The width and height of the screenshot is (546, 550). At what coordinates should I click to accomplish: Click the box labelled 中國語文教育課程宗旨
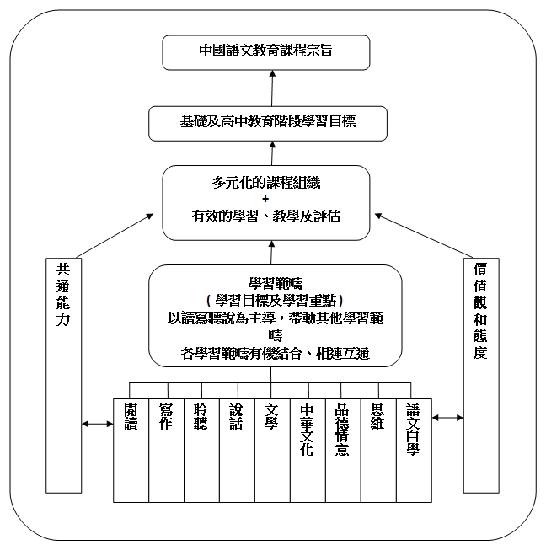tap(266, 52)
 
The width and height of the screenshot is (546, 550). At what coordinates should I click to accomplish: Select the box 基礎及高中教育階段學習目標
tap(268, 124)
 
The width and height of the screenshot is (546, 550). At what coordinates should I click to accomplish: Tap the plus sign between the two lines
tap(265, 199)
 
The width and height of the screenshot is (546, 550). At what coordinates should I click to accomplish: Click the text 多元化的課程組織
tap(266, 183)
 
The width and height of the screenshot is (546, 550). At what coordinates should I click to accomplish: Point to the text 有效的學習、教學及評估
tap(266, 216)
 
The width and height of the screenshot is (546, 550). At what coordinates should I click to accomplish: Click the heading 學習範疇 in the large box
tap(276, 283)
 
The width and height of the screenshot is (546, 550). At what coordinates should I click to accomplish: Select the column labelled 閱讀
tap(131, 451)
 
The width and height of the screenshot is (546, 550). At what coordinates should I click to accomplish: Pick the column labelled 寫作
tap(166, 451)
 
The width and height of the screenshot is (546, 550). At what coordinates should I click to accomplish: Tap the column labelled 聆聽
tap(201, 451)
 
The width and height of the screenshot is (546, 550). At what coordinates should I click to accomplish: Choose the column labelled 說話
tap(238, 451)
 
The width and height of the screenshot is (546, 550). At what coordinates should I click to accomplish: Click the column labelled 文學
tap(273, 451)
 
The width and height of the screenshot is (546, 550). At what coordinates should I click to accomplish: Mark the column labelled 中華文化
tap(308, 451)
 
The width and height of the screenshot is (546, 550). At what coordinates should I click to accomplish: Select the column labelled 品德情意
tap(343, 451)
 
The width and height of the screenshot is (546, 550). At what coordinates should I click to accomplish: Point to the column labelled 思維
tap(378, 451)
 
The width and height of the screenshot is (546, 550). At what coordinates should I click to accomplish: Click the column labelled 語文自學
tap(414, 451)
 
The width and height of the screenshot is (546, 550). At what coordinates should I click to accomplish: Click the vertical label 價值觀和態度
tap(480, 311)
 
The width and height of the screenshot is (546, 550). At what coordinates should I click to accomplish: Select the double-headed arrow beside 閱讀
tap(98, 424)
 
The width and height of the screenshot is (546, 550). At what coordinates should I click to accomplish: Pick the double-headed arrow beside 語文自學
tap(447, 418)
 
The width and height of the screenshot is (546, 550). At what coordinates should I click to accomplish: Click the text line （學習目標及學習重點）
tap(276, 301)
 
